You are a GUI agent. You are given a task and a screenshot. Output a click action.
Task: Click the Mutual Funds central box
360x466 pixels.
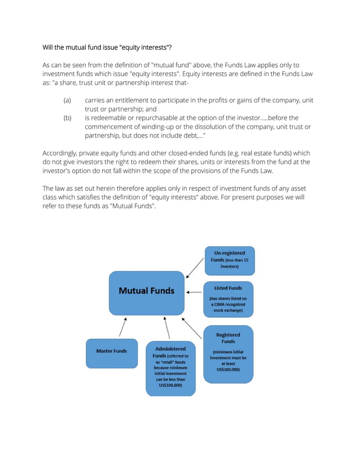[x=147, y=292]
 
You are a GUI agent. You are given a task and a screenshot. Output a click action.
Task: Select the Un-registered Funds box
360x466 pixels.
[x=229, y=260]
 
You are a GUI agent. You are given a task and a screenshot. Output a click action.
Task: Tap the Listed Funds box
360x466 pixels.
[x=228, y=298]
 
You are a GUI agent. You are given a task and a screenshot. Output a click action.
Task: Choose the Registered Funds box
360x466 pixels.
[x=228, y=354]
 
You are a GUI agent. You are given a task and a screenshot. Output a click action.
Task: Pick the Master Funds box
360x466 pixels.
[x=111, y=352]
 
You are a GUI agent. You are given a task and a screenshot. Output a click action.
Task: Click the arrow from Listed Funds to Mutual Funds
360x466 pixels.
[x=194, y=292]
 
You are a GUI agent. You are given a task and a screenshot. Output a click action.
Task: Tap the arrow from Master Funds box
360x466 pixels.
[x=122, y=327]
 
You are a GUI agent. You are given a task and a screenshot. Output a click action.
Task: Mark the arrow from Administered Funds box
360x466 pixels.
[x=166, y=327]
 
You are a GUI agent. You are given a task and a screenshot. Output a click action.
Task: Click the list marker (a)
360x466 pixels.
[x=67, y=100]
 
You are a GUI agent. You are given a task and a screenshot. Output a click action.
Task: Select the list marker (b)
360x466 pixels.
[x=67, y=118]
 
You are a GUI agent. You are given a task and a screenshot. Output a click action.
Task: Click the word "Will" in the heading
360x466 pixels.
[x=49, y=47]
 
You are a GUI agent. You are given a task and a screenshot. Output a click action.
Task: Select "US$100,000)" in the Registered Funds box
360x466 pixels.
[x=228, y=370]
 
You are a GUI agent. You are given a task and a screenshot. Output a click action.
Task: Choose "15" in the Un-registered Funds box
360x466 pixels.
[x=245, y=260]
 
